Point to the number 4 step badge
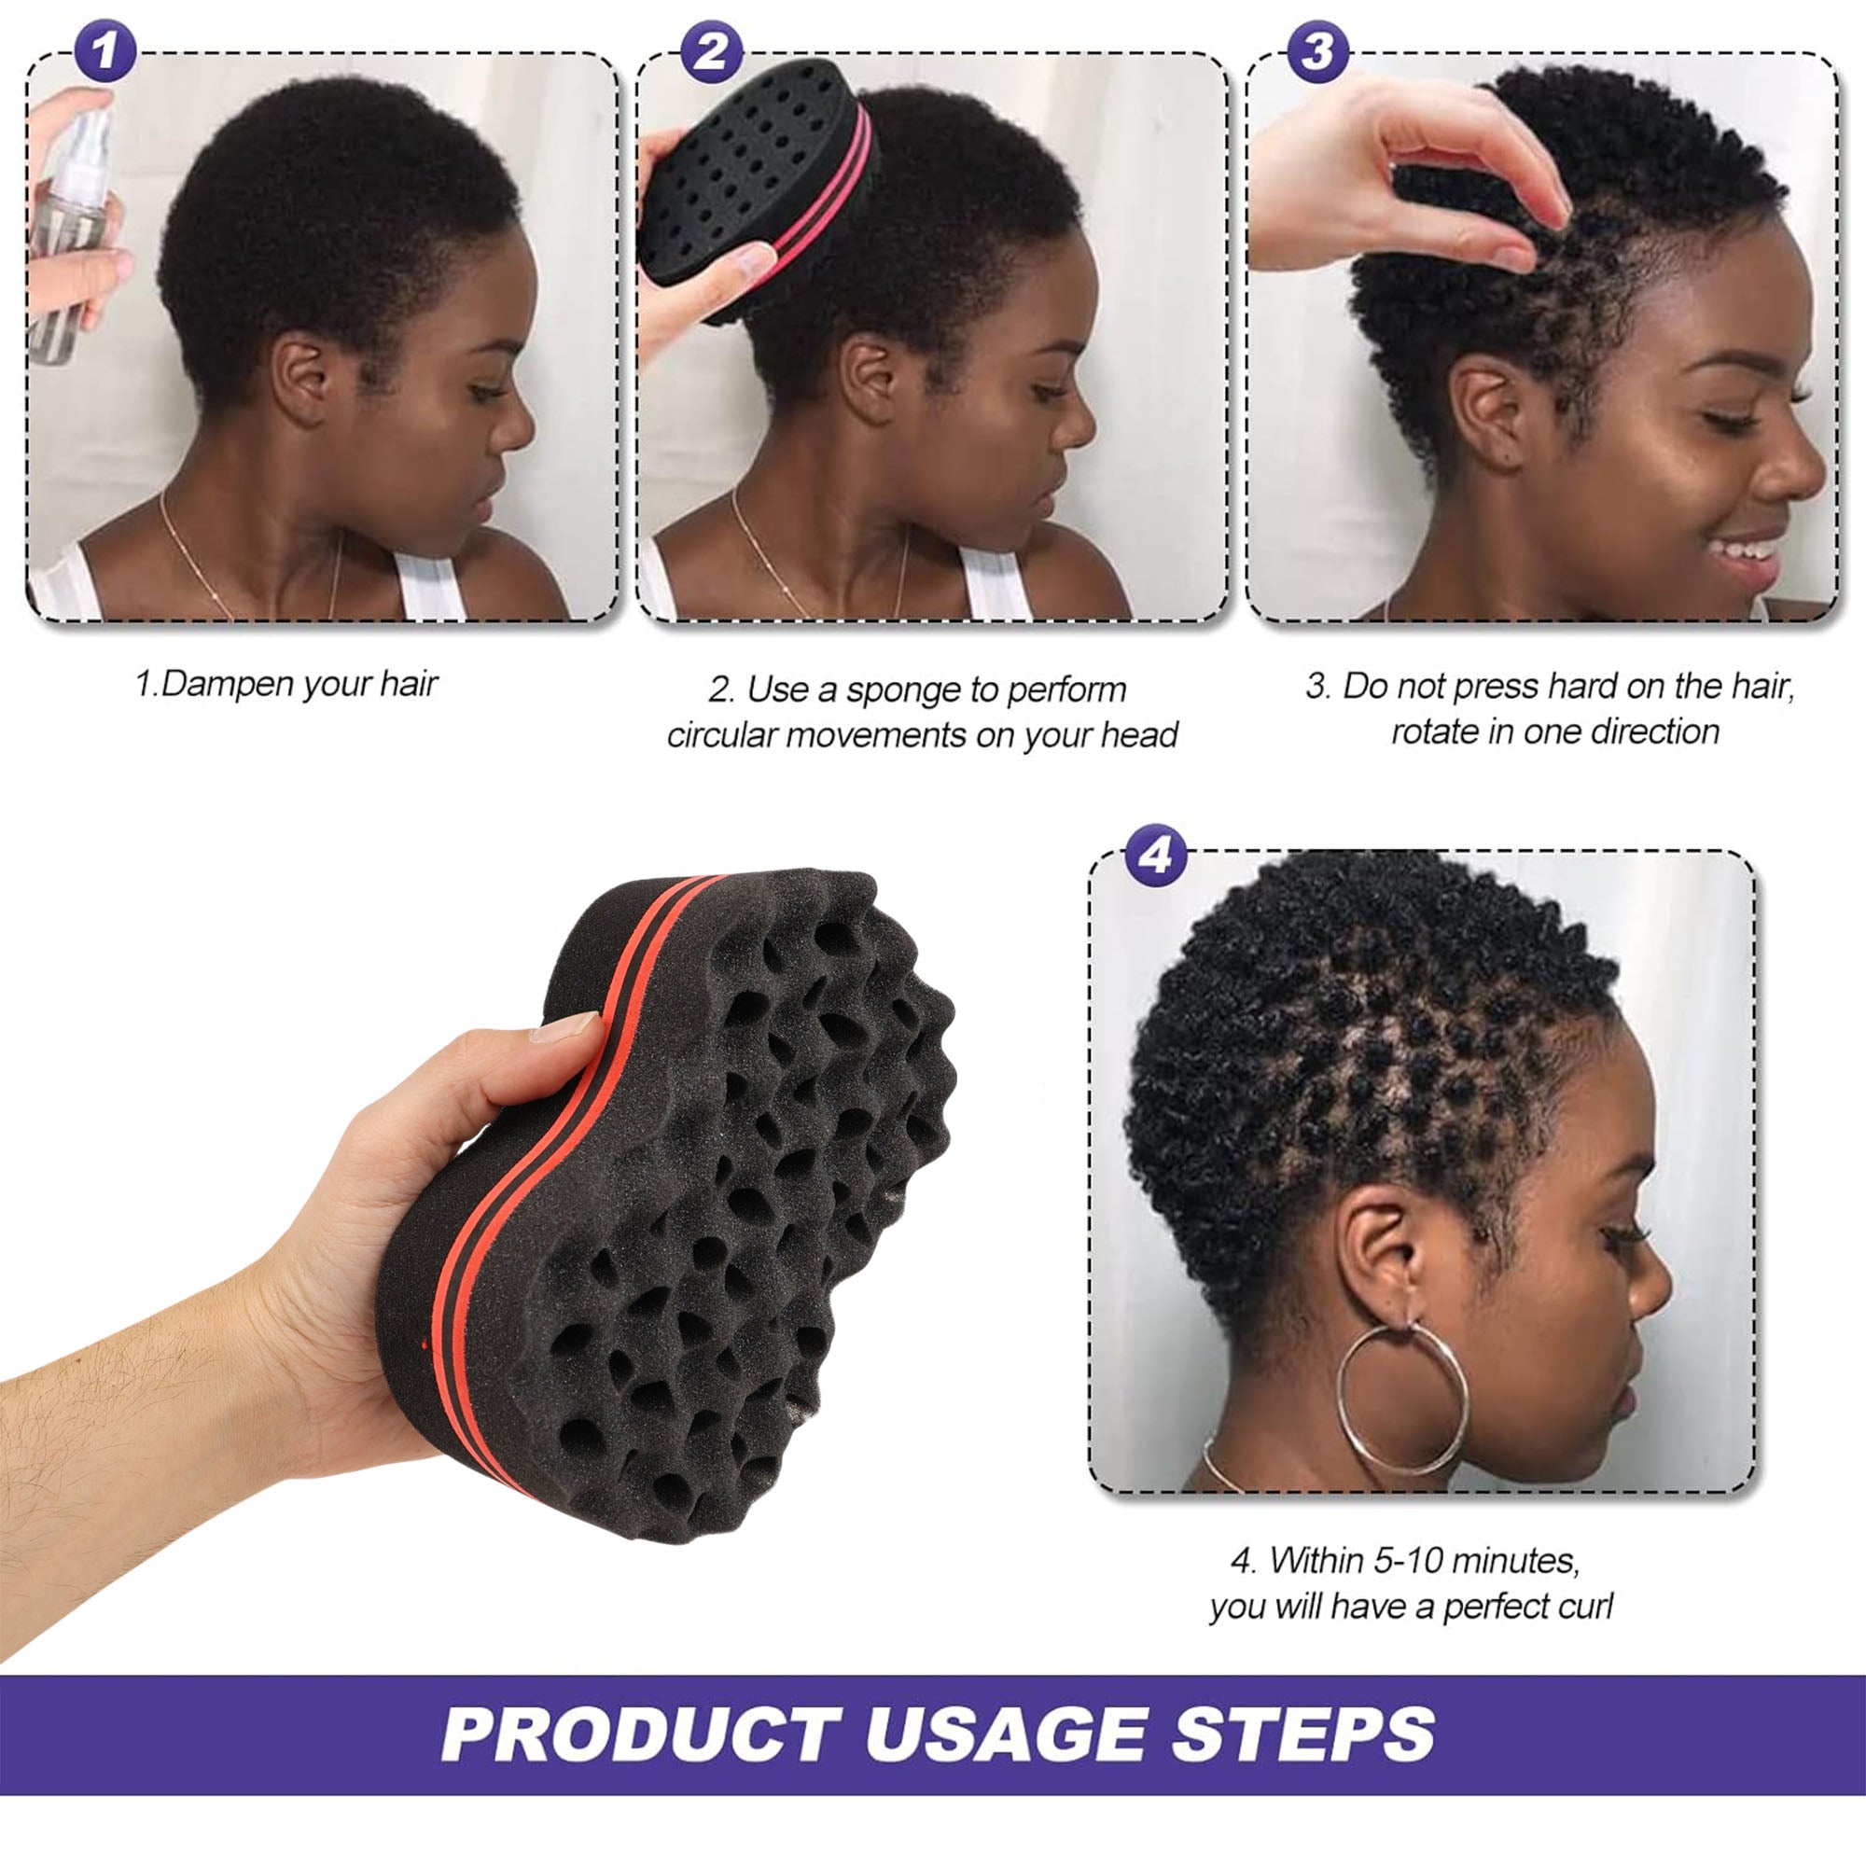coord(1156,855)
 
